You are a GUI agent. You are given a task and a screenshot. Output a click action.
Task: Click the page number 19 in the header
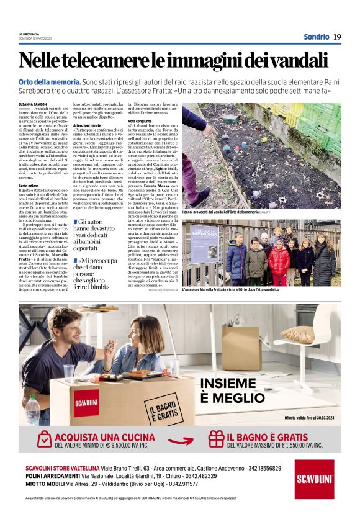pos(337,37)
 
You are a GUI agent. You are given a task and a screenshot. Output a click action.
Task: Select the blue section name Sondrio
pos(316,37)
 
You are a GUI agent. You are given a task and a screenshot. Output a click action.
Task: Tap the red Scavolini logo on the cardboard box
pos(85,402)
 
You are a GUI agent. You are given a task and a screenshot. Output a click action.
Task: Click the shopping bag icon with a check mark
pos(43,440)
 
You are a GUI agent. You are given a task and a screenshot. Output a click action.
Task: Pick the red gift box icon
pos(215,439)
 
